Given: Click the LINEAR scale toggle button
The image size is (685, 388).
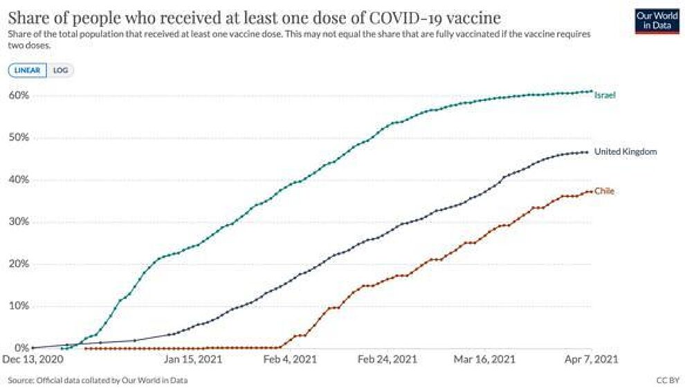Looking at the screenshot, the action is [27, 71].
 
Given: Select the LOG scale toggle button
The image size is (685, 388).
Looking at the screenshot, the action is [60, 71].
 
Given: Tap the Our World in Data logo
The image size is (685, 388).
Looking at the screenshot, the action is [657, 21].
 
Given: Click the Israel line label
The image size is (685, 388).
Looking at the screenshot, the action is [605, 95].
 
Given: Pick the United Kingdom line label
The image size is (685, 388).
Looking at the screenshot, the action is [625, 152].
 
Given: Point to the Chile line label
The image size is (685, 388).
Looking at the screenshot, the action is [604, 191].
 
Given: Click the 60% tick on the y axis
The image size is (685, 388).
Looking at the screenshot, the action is [19, 95].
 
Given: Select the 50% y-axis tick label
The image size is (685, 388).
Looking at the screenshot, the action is [19, 137].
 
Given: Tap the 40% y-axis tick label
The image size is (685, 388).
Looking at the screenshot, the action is [19, 179].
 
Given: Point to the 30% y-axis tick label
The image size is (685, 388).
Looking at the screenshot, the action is [19, 221].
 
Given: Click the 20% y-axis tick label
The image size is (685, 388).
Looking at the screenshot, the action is [19, 264].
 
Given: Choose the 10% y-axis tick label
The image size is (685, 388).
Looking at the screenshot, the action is [19, 306].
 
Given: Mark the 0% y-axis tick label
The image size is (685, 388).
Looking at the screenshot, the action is [22, 348].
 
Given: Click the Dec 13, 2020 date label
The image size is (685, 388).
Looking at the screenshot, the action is [33, 360].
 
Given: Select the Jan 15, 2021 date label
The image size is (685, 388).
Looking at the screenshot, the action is [192, 360].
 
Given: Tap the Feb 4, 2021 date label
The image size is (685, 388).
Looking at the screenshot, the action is [290, 360].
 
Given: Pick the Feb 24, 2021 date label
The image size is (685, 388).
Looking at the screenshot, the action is [387, 360].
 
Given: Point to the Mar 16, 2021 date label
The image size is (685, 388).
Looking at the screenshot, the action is [484, 360].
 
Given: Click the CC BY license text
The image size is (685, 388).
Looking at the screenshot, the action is [668, 380].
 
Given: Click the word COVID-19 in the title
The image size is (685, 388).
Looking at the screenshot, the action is [406, 18].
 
